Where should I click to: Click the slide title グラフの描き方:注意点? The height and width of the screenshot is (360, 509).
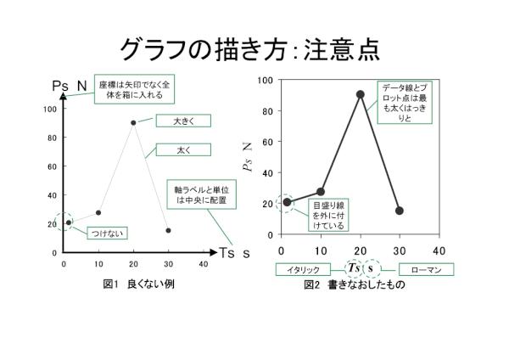tap(249, 48)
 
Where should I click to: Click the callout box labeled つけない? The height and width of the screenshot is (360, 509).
tap(90, 233)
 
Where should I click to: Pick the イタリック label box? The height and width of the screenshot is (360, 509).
tap(303, 269)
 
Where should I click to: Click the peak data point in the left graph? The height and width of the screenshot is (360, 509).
tap(133, 122)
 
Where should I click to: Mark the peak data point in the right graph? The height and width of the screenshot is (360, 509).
tap(361, 95)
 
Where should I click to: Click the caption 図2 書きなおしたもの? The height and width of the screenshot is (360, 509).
tap(355, 284)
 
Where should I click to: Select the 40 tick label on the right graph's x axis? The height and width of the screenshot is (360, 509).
tap(439, 251)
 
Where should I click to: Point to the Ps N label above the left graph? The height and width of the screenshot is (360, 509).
tap(70, 86)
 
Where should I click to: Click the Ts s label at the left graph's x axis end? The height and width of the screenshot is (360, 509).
tap(234, 253)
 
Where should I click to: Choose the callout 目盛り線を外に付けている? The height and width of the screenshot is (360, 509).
tap(327, 216)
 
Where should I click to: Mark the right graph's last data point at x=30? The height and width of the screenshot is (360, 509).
tap(400, 211)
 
